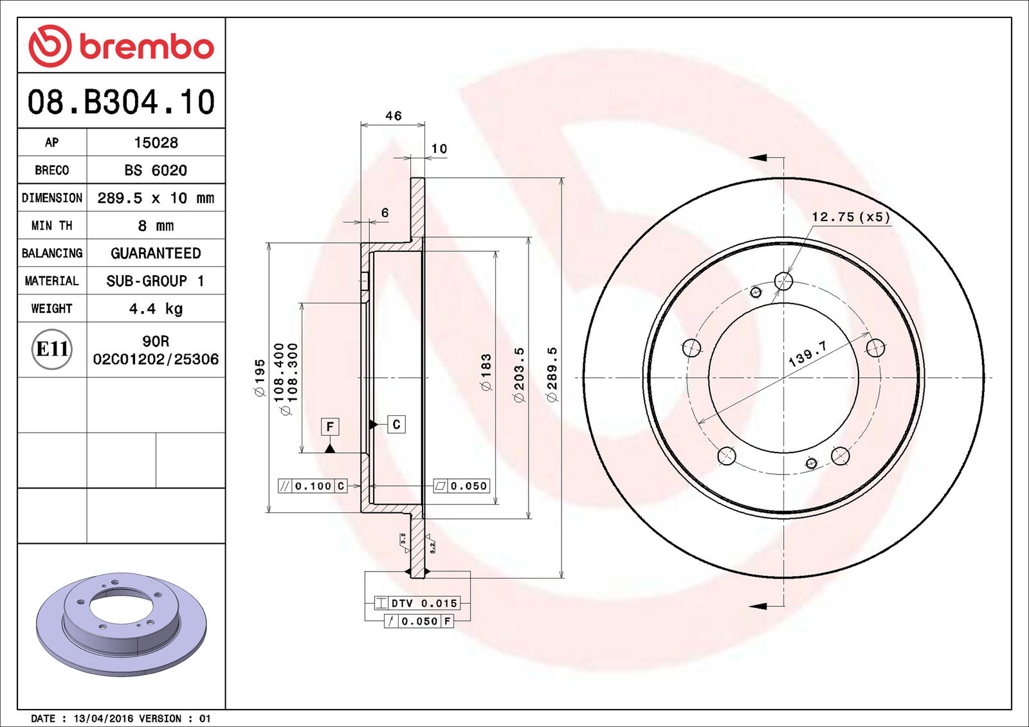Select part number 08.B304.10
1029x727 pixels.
pos(122,102)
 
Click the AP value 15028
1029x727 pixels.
pos(156,142)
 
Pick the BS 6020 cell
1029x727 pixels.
pos(156,170)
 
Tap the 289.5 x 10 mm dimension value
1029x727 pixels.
pos(156,198)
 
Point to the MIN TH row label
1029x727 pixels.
pos(52,226)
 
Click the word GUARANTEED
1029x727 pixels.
pos(156,253)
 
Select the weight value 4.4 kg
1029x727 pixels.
pos(156,309)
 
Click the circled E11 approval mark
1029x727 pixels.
pos(52,350)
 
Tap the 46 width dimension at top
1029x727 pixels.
pos(393,116)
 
